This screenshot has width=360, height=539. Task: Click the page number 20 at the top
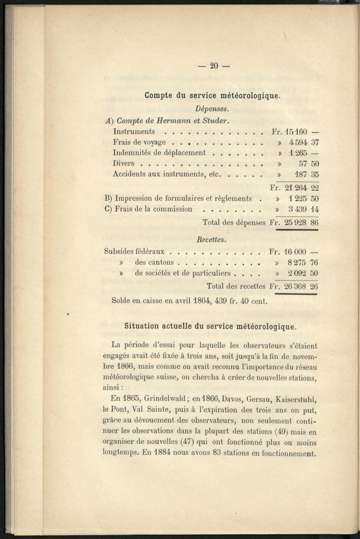[x=214, y=66]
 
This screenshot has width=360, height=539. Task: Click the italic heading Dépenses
[x=211, y=108]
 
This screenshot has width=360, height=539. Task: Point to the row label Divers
[x=123, y=163]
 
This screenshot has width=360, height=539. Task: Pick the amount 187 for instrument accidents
[x=301, y=175]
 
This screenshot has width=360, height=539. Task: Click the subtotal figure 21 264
[x=296, y=187]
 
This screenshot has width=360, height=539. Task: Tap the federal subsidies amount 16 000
[x=295, y=252]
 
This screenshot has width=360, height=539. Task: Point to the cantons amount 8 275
[x=297, y=262]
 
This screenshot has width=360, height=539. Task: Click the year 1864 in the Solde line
[x=202, y=300]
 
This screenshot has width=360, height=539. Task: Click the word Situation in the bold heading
[x=141, y=326]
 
